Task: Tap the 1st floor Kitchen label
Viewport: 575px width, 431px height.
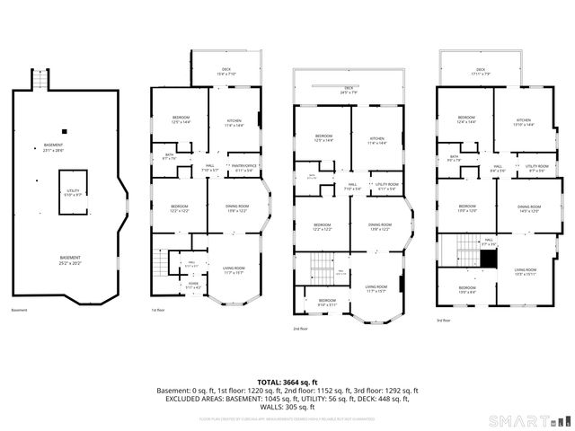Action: [234, 122]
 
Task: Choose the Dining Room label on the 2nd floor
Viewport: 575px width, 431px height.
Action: [380, 226]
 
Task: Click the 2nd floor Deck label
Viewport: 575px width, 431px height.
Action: [348, 90]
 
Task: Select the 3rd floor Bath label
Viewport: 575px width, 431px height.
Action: [455, 159]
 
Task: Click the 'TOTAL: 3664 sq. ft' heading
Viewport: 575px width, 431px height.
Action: [287, 381]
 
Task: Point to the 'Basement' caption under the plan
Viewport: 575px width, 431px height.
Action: [20, 310]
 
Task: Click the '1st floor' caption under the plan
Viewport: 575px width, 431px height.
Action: [159, 310]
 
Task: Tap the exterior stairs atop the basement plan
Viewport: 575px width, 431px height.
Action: [39, 82]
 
